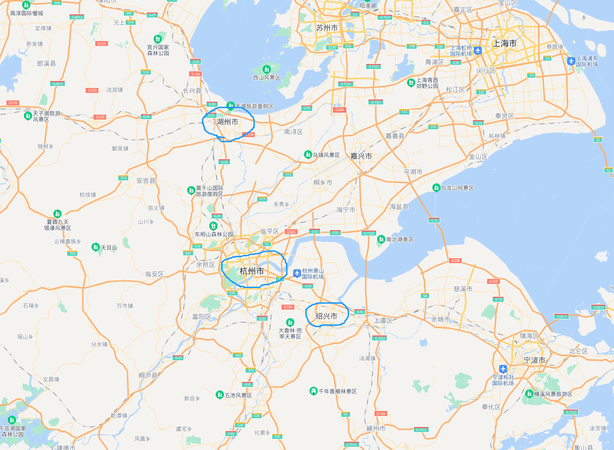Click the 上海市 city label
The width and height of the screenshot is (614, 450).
[x=505, y=44]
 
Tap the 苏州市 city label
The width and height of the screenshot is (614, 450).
[x=327, y=28]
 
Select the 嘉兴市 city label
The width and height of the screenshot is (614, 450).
[x=361, y=156]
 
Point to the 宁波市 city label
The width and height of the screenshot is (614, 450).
[x=534, y=360]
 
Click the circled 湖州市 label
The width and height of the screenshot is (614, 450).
[x=228, y=122]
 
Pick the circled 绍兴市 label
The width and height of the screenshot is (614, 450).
[x=327, y=316]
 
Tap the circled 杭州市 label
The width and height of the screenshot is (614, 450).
[x=252, y=271]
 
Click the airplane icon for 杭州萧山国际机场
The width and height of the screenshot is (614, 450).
[x=297, y=273]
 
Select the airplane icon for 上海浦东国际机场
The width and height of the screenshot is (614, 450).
[x=571, y=61]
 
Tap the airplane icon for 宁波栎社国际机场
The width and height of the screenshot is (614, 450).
[x=503, y=369]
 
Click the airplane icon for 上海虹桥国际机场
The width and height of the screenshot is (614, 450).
[x=478, y=50]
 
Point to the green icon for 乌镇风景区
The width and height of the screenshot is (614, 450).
[x=308, y=155]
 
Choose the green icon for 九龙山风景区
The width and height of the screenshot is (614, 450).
[x=436, y=187]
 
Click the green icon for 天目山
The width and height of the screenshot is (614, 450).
[x=96, y=247]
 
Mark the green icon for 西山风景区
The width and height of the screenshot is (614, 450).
[x=266, y=69]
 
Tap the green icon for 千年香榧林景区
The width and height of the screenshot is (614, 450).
[x=313, y=391]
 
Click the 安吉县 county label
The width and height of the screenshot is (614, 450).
[x=146, y=181]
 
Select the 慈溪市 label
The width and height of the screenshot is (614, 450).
[x=463, y=289]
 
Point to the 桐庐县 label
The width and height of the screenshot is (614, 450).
[x=148, y=375]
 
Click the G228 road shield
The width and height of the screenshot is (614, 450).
[x=455, y=260]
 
